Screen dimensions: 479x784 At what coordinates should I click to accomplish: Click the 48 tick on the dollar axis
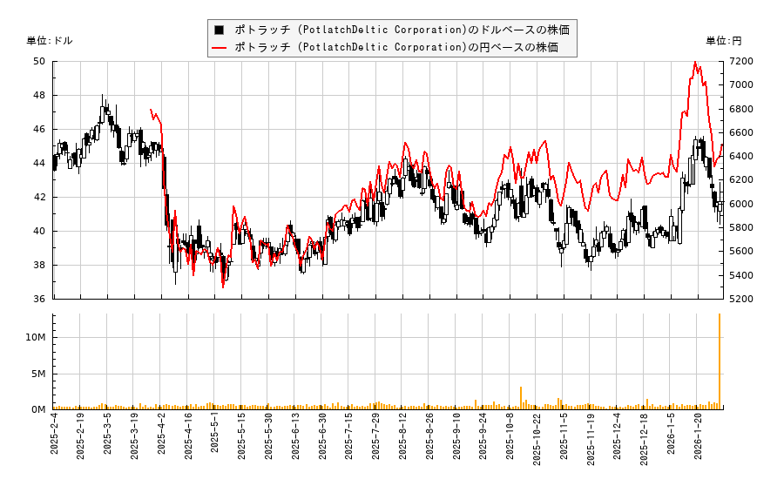click(x=39, y=95)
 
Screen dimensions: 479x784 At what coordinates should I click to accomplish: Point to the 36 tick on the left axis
click(x=39, y=299)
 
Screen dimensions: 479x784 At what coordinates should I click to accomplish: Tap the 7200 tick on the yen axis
click(x=740, y=61)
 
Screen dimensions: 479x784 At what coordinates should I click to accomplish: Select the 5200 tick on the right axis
click(x=740, y=299)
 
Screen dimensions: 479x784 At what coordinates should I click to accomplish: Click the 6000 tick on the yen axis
click(x=740, y=204)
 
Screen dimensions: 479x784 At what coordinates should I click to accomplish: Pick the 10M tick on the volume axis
click(x=36, y=337)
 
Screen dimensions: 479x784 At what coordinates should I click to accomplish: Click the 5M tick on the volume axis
click(x=38, y=374)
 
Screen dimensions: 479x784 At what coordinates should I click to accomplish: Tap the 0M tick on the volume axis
click(x=38, y=409)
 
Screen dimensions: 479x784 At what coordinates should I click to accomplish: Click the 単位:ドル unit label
click(x=50, y=41)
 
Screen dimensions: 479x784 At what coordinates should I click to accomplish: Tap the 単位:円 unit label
click(x=724, y=41)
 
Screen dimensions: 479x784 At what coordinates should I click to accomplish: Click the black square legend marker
click(x=220, y=30)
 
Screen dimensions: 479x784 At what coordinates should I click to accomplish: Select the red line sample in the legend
click(x=220, y=47)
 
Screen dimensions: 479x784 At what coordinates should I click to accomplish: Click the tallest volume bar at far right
click(x=720, y=361)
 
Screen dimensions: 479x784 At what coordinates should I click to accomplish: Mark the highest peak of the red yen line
click(x=695, y=62)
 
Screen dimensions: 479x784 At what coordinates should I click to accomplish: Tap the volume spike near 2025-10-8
click(x=521, y=398)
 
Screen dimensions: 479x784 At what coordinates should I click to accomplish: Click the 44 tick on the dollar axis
click(x=39, y=163)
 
